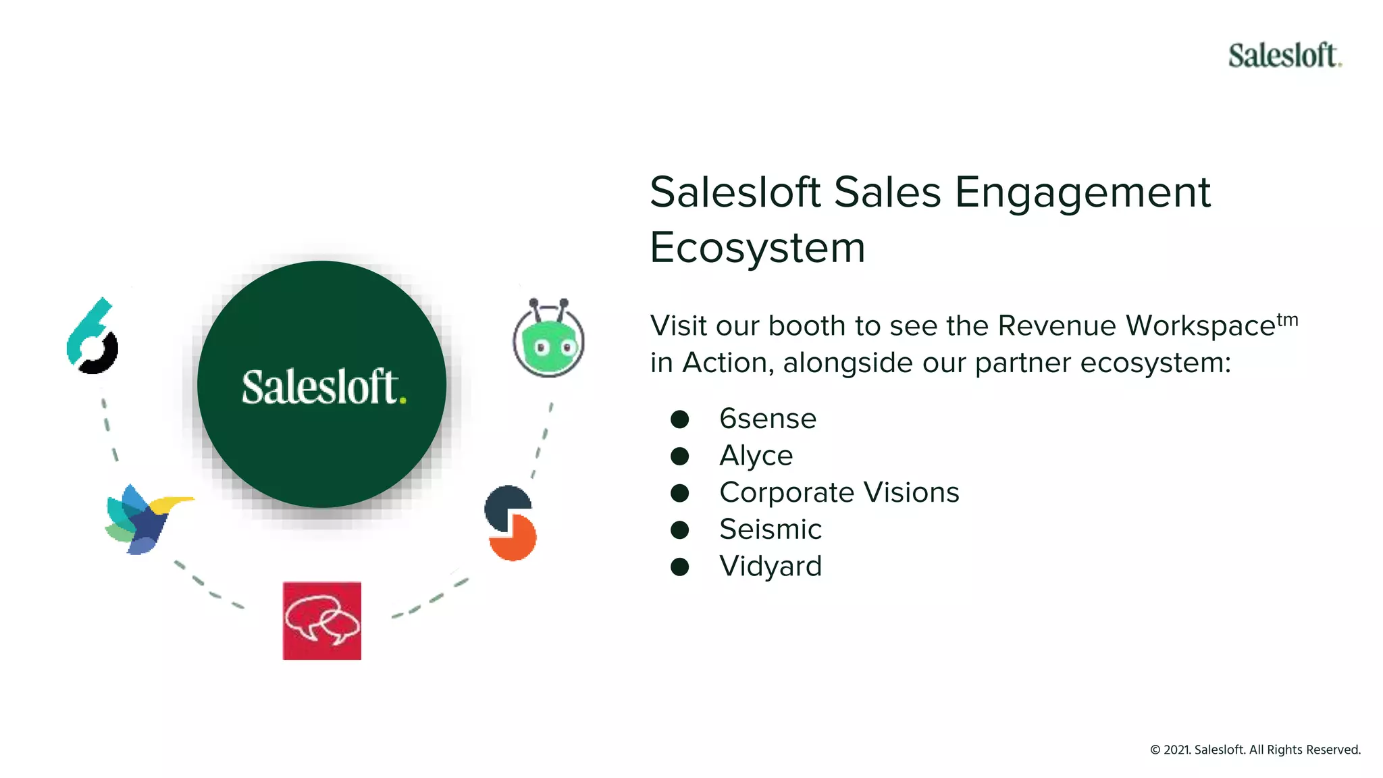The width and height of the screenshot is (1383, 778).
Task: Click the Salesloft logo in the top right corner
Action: [x=1284, y=55]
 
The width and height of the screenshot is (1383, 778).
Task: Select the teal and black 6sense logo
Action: [x=93, y=336]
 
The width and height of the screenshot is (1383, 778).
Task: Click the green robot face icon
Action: [x=548, y=340]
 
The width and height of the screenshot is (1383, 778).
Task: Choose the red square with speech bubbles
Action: [x=322, y=621]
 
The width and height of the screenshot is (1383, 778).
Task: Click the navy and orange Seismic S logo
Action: [x=511, y=523]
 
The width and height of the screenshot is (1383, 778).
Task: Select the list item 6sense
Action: [x=768, y=419]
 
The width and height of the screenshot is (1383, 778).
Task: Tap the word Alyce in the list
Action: [x=756, y=456]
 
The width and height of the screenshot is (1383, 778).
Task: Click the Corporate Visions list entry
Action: [x=839, y=492]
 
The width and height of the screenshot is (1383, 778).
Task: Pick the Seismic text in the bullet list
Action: [x=770, y=529]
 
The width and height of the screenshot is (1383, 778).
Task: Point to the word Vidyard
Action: [x=770, y=566]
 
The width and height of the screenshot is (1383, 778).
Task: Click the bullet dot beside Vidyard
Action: [x=679, y=567]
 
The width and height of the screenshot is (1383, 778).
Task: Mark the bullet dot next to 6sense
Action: [x=679, y=419]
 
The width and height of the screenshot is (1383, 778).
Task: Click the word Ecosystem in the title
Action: [x=757, y=248]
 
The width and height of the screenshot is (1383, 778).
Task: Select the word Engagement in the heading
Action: [x=1082, y=192]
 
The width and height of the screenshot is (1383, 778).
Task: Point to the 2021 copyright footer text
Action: [x=1255, y=750]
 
